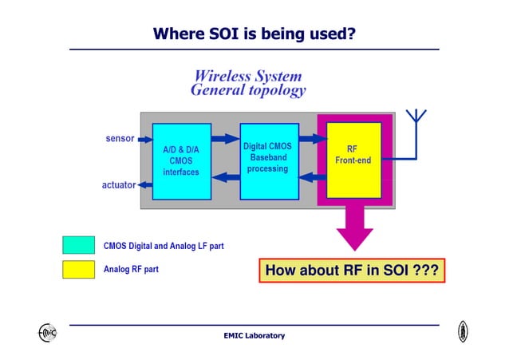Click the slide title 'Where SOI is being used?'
click(254, 34)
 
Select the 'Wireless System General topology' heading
click(247, 83)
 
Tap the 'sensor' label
click(120, 138)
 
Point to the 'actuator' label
click(118, 185)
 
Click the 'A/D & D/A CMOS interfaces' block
click(181, 161)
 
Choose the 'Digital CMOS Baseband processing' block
click(268, 160)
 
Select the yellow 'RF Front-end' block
click(353, 160)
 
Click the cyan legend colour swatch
click(78, 245)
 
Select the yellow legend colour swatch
click(78, 270)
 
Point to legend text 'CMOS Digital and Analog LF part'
click(164, 246)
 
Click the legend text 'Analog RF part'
click(131, 270)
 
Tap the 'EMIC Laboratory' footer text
click(254, 336)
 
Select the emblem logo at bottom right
click(463, 332)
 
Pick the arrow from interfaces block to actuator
click(144, 185)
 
